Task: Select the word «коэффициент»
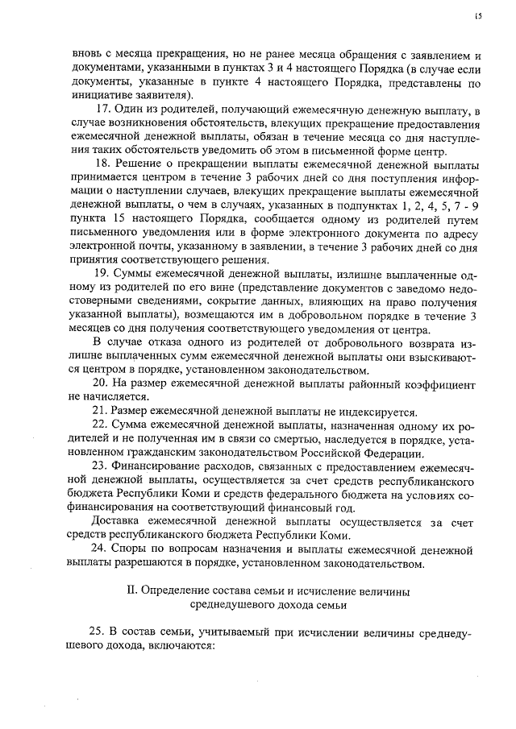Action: tap(447, 383)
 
